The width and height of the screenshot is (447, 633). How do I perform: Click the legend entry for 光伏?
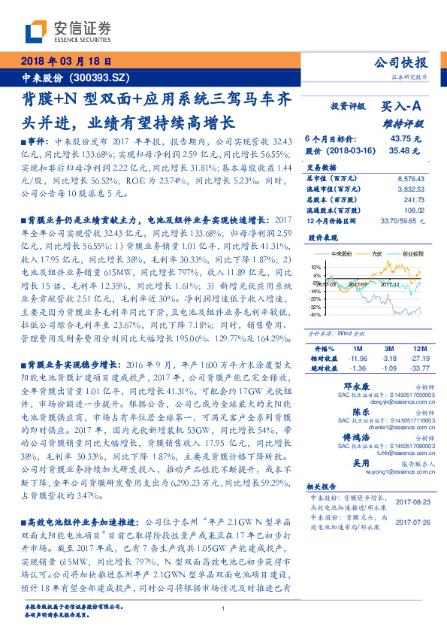pos(376,254)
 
